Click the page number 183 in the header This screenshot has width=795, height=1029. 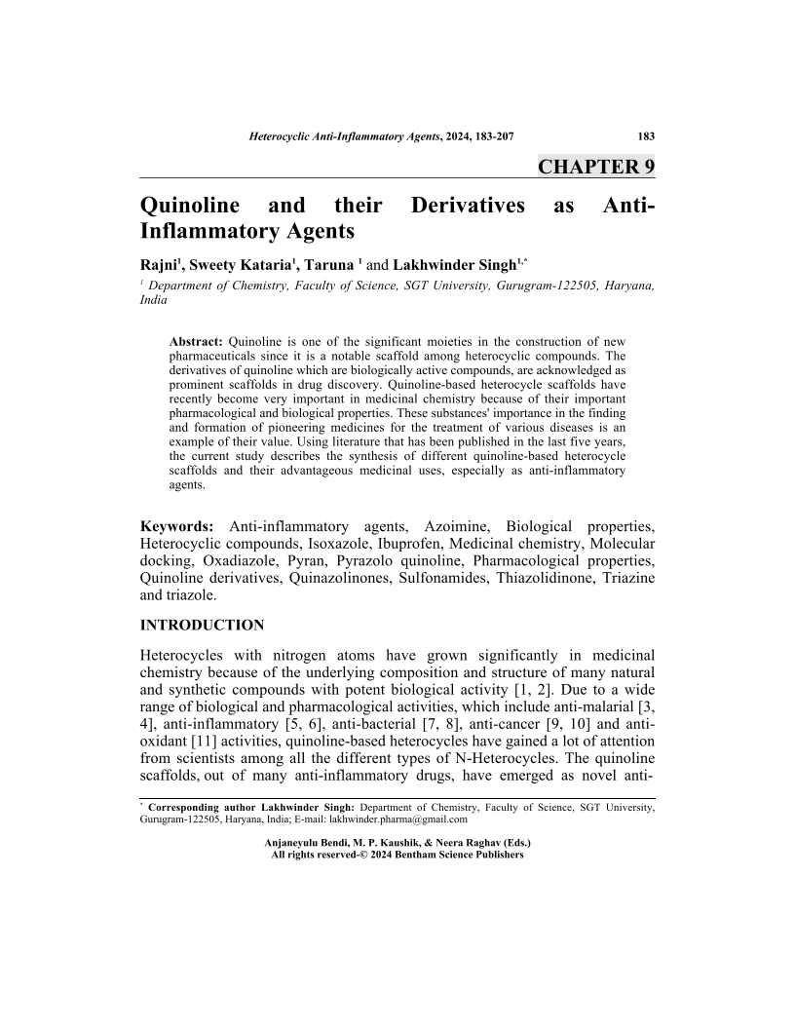[x=645, y=136]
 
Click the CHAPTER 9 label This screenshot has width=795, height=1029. [x=596, y=167]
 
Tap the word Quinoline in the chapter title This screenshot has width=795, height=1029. [x=190, y=207]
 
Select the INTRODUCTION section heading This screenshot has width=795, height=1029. [x=203, y=625]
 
